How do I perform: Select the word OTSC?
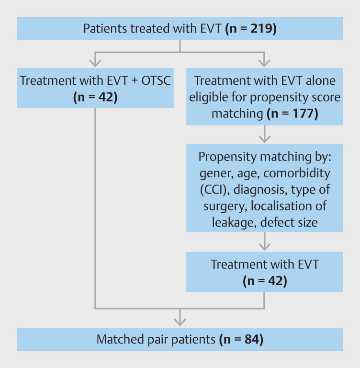156,80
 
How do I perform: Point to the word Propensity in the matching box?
227,157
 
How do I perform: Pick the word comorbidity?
297,173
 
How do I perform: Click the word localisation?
281,206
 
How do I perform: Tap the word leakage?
234,222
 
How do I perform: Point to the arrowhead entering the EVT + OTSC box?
95,63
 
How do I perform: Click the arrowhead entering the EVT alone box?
264,63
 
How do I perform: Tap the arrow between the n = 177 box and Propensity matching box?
265,134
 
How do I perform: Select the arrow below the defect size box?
265,241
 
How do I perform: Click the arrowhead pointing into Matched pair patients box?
180,322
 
